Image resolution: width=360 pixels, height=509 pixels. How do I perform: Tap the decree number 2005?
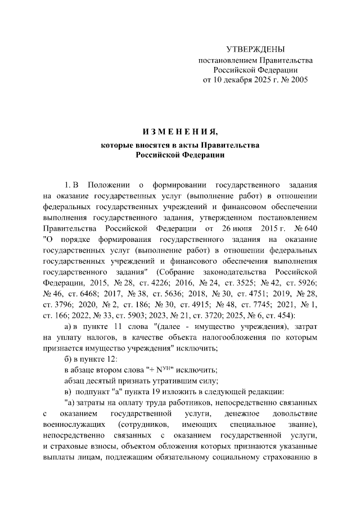pos(299,80)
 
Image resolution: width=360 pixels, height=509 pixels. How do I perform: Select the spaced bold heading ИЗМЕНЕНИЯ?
pos(179,132)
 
